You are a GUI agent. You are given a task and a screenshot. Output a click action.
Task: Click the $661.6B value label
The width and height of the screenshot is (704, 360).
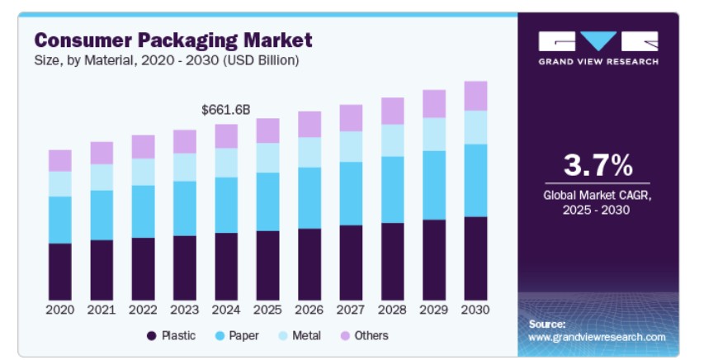tap(226, 110)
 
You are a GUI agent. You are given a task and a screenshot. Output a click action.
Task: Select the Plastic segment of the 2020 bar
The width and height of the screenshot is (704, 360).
tap(60, 272)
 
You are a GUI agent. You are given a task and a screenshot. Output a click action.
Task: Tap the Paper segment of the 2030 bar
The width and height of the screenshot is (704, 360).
tap(475, 181)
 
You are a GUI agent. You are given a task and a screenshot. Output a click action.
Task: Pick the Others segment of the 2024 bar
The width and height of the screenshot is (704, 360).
tap(226, 136)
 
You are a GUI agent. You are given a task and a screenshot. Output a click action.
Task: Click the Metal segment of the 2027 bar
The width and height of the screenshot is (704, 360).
tap(351, 146)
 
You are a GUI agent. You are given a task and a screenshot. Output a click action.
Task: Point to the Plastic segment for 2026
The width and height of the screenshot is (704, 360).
tap(309, 264)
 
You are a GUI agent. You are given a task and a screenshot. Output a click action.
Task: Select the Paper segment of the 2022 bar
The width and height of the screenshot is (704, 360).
tap(144, 211)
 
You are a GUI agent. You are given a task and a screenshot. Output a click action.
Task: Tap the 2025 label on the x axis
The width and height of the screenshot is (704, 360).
tap(267, 310)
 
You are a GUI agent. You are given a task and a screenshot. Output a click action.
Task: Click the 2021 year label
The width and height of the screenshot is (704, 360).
tap(102, 310)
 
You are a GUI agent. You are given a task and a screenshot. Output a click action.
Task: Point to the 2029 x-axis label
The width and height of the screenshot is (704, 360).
tap(434, 310)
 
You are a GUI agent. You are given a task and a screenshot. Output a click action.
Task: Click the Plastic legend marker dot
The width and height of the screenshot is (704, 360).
tap(152, 336)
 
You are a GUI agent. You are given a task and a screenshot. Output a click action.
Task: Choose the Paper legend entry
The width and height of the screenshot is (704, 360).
tap(237, 336)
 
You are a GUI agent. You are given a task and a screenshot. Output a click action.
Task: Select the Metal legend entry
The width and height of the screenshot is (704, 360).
tap(300, 336)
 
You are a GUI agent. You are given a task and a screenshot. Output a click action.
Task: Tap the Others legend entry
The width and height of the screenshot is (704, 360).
tap(365, 336)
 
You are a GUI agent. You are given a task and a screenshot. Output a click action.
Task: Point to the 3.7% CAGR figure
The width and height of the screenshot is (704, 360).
tap(598, 165)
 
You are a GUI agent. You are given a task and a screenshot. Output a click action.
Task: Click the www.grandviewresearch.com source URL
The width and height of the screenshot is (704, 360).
tap(597, 337)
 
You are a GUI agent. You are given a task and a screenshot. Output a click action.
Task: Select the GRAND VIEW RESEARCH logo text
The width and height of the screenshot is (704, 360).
tap(598, 61)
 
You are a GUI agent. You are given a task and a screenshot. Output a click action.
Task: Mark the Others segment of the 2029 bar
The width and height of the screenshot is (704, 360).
tap(434, 104)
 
